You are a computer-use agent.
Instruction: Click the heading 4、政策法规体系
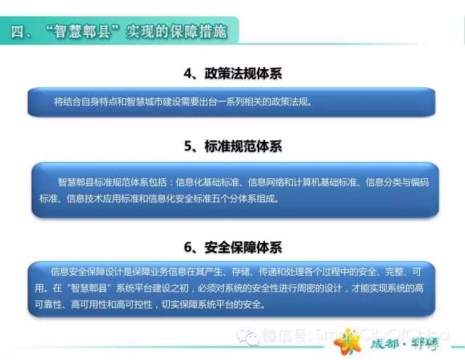point(232,73)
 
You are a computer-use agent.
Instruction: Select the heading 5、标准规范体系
point(232,145)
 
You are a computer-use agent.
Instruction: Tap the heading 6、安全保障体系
point(232,247)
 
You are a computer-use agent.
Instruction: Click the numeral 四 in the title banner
point(17,31)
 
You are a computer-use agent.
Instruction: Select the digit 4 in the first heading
point(187,73)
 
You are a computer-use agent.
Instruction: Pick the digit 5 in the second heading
point(188,146)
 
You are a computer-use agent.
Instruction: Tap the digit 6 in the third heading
point(188,247)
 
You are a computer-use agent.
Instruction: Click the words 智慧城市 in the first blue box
point(145,102)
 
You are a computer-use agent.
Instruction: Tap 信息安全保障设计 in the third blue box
point(87,271)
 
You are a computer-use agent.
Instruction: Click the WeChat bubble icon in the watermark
point(248,337)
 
